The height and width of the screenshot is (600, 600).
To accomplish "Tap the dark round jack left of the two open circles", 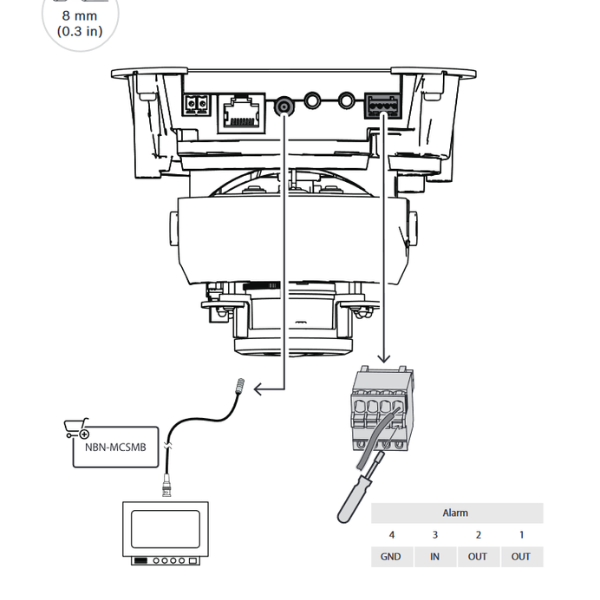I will [287, 103].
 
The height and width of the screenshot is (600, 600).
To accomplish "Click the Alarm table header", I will [456, 513].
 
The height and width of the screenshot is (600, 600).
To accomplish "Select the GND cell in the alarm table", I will [391, 557].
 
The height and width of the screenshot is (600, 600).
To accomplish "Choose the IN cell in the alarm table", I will [435, 557].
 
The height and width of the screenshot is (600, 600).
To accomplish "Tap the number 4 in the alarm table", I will [391, 535].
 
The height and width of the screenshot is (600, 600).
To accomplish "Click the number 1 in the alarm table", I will [522, 535].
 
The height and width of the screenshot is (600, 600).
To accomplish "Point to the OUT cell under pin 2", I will [478, 557].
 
